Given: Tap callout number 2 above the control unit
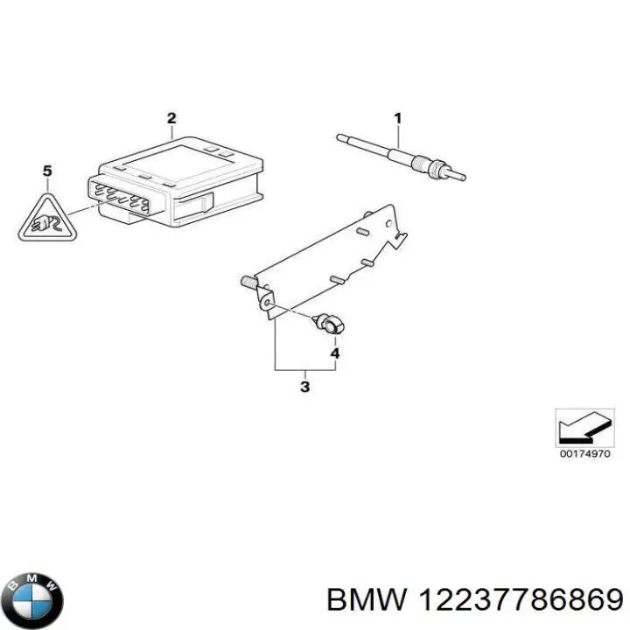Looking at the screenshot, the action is click(171, 118).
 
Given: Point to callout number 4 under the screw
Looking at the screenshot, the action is click(334, 353).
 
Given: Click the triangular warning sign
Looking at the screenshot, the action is click(46, 220).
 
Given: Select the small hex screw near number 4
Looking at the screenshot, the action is click(331, 325).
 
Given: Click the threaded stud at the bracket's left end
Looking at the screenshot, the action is click(248, 283).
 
